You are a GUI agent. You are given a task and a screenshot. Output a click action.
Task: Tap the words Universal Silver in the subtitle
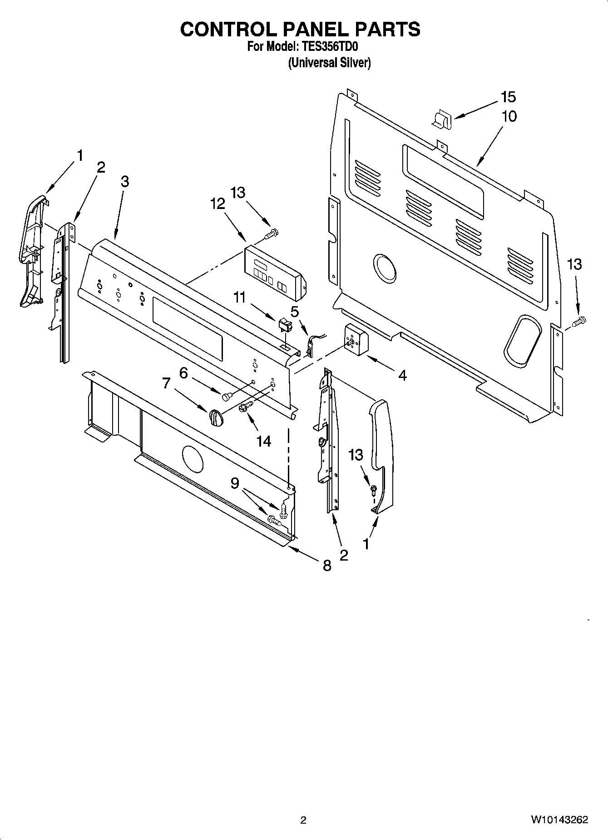pyautogui.click(x=330, y=63)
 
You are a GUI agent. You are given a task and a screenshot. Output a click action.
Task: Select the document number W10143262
pyautogui.click(x=559, y=820)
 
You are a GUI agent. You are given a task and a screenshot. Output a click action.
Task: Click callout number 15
pyautogui.click(x=508, y=97)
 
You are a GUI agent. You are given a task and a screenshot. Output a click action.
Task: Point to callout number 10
pyautogui.click(x=509, y=116)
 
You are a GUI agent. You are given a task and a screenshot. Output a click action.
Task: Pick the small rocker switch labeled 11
pyautogui.click(x=284, y=325)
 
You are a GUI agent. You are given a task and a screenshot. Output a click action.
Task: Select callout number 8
pyautogui.click(x=326, y=566)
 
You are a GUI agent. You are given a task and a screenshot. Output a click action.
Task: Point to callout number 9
pyautogui.click(x=234, y=483)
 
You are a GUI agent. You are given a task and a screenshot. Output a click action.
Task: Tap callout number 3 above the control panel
pyautogui.click(x=125, y=181)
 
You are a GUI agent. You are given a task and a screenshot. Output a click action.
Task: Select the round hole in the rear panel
pyautogui.click(x=384, y=268)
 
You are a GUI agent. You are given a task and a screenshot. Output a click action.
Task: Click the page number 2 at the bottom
pyautogui.click(x=303, y=820)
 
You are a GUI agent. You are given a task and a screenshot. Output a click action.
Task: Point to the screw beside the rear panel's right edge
pyautogui.click(x=579, y=322)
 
